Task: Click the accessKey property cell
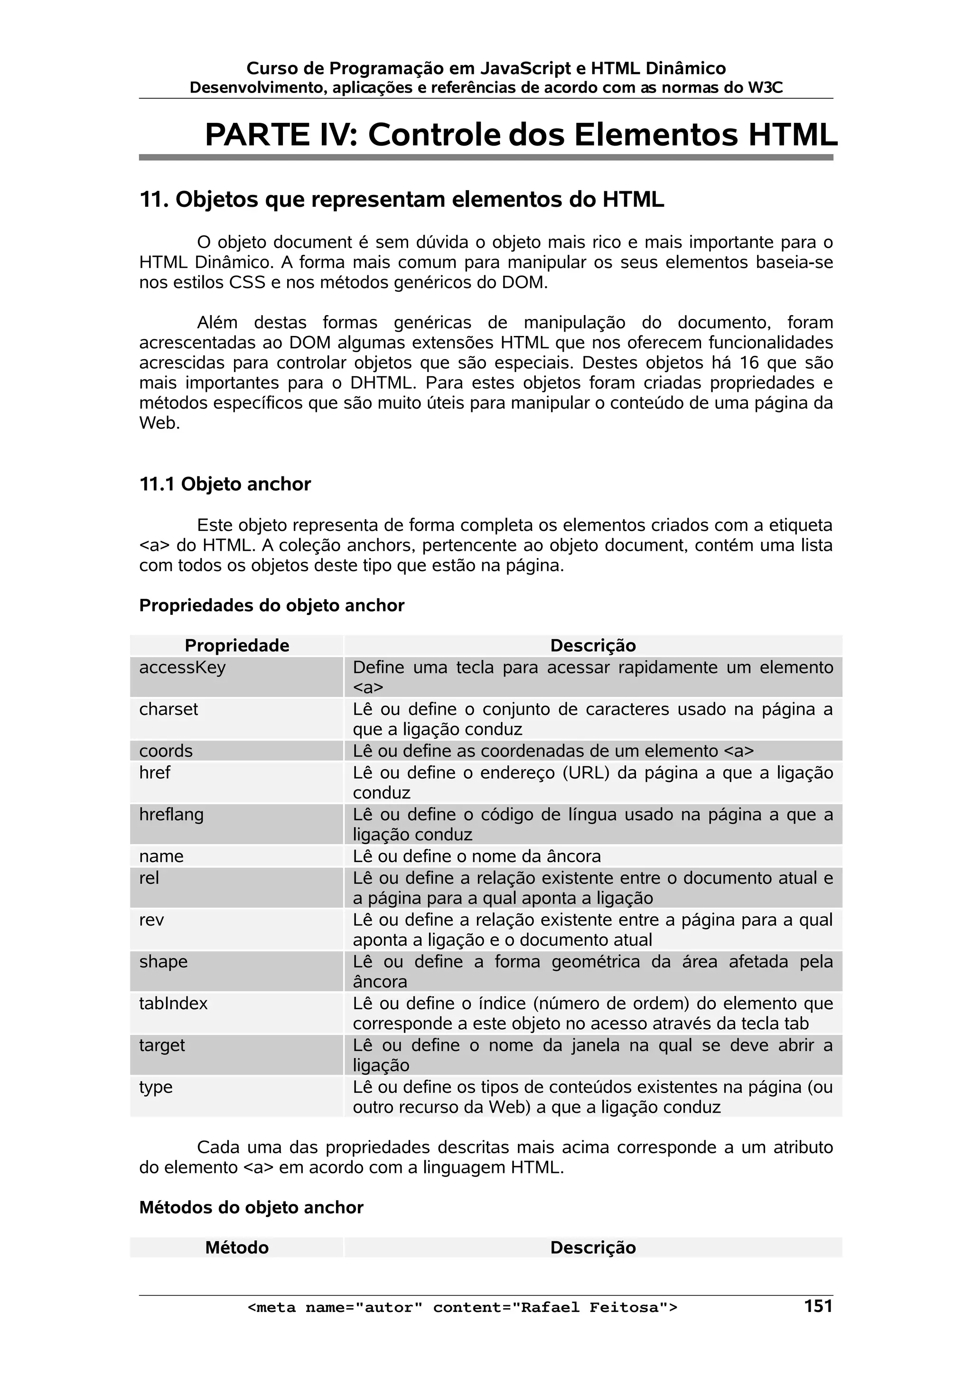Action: tap(182, 667)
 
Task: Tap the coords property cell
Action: tap(166, 751)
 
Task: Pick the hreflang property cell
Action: tap(171, 815)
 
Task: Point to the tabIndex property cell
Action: tap(173, 1003)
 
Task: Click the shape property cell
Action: tap(163, 961)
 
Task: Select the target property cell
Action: tap(162, 1045)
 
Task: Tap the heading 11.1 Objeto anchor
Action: tap(224, 484)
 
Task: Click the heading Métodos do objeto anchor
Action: tap(251, 1208)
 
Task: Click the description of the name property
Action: tap(476, 856)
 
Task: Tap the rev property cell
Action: tap(151, 920)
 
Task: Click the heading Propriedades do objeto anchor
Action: tap(271, 605)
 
